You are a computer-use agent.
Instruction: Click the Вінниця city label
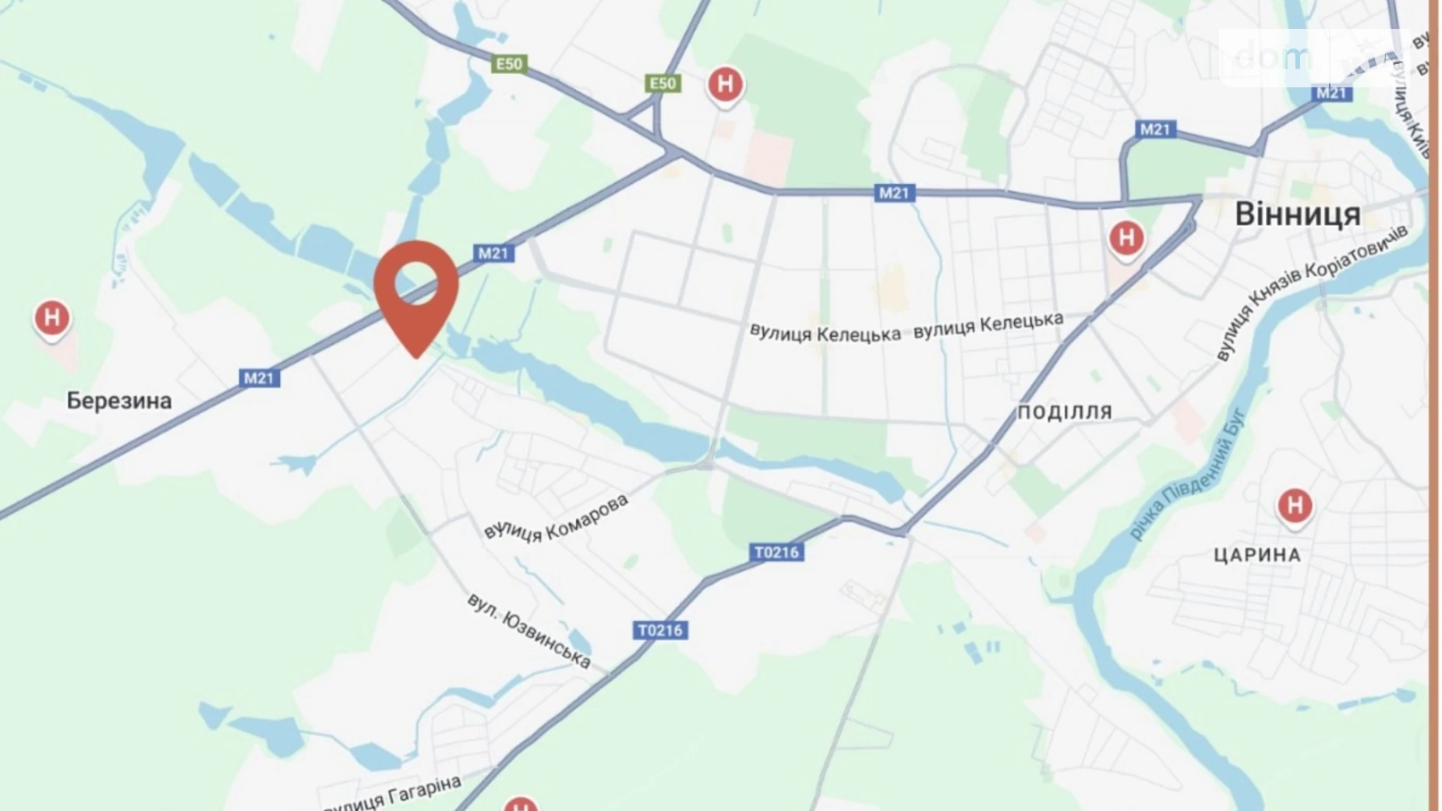point(1298,214)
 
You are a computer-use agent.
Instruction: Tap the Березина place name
point(118,401)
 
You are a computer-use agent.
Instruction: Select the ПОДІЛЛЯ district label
point(1065,412)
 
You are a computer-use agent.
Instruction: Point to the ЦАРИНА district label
point(1257,555)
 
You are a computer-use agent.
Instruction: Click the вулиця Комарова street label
point(556,517)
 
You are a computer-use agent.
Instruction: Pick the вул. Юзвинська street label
point(528,630)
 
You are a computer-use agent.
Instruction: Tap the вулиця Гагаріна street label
point(392,794)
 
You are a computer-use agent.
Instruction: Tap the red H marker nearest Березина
point(52,318)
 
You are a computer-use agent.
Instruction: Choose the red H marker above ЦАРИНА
point(1295,505)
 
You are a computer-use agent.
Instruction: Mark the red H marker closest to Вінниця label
point(1126,237)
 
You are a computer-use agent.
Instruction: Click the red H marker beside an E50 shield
point(725,83)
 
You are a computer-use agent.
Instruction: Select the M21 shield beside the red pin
point(493,253)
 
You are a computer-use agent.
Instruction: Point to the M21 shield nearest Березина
point(259,378)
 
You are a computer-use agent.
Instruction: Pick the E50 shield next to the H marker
point(663,83)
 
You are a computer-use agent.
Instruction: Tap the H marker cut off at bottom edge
point(520,805)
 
